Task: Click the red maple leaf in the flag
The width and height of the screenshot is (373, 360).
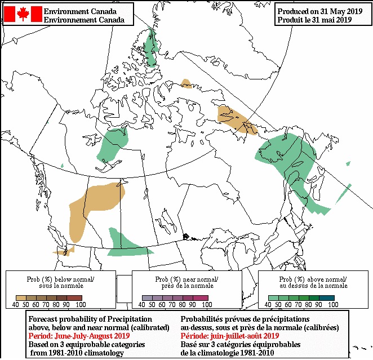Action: pos(23,14)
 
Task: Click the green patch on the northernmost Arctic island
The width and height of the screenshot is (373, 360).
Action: pos(150,47)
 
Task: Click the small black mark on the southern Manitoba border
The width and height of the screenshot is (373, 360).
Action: pos(186,235)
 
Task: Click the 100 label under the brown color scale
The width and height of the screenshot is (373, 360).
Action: pos(80,305)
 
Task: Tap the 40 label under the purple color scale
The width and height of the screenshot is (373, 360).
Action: pos(141,305)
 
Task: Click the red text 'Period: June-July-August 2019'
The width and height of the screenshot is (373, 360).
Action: pos(79,336)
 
